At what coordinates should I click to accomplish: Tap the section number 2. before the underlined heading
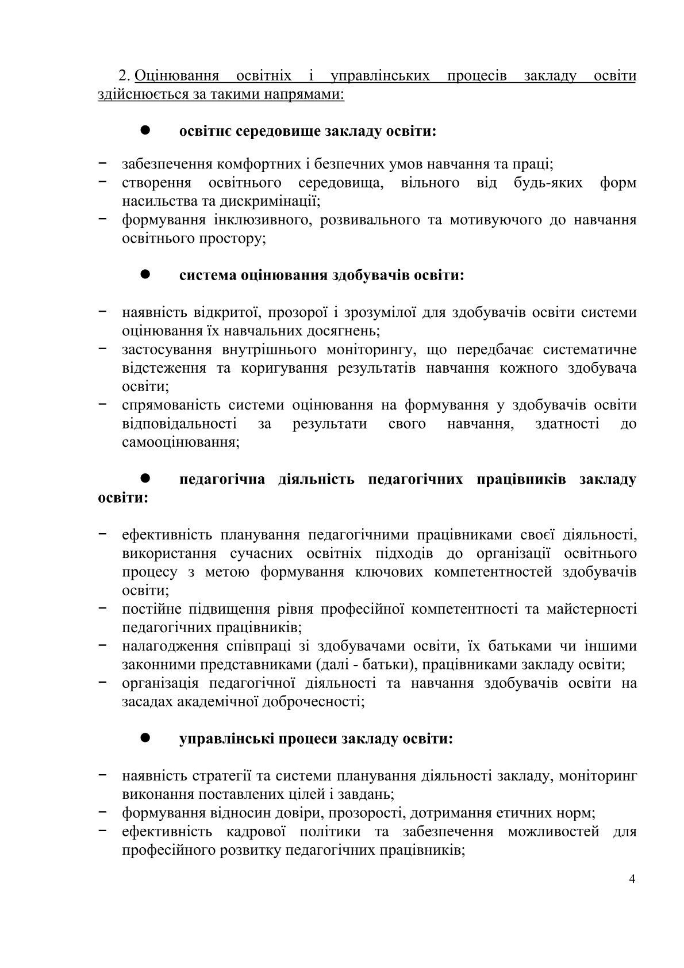(x=125, y=76)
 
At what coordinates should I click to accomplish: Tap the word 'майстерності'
(x=592, y=609)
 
